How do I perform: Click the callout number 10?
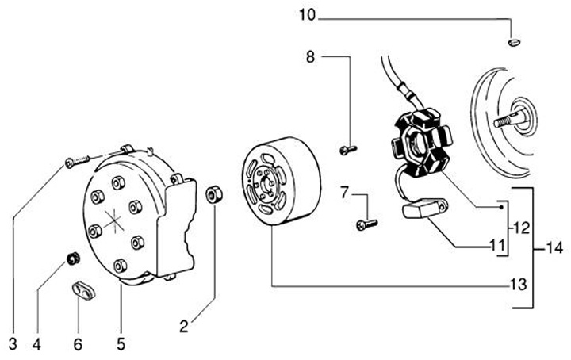(307, 13)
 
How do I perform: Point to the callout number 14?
(554, 248)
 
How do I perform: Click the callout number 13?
(518, 283)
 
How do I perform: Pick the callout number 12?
(519, 227)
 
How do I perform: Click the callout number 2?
(183, 324)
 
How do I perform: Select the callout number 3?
(13, 343)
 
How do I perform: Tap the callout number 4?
(36, 343)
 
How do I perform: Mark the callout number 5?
(121, 343)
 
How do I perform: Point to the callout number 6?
(77, 343)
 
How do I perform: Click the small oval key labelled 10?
(512, 41)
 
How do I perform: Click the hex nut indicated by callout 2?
(213, 193)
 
